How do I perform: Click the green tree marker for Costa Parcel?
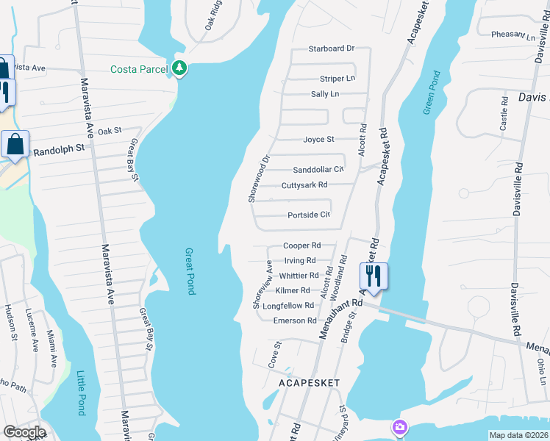pos(179,68)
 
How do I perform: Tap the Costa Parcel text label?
pos(140,69)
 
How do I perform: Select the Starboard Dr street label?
pos(331,49)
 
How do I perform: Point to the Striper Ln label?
pos(337,79)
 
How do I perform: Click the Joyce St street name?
pos(318,139)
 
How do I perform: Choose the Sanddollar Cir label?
pos(318,170)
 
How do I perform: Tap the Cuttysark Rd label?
pos(304,184)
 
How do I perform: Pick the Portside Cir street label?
pos(309,215)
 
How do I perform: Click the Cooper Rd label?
pos(302,245)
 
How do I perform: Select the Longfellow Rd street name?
pos(293,306)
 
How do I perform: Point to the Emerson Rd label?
pos(295,320)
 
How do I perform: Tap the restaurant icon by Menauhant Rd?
pos(373,276)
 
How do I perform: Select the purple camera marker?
pos(399,427)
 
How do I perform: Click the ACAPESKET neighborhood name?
pos(309,383)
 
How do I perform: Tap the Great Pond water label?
pos(190,270)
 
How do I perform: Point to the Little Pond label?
pos(81,393)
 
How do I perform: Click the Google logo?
pos(24,432)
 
